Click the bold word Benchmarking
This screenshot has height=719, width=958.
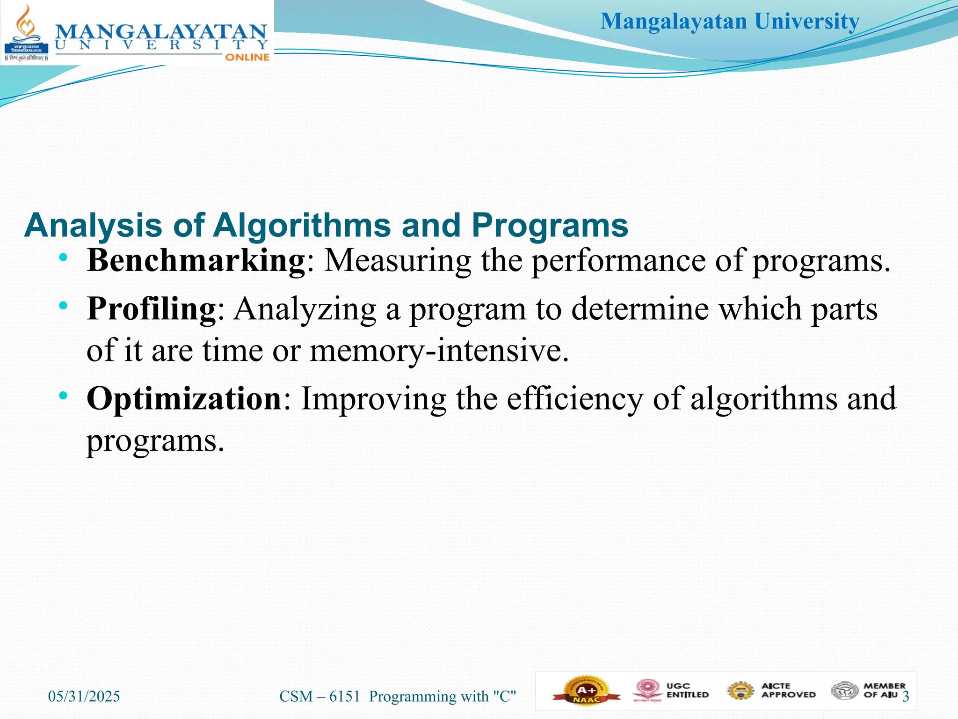[x=196, y=260]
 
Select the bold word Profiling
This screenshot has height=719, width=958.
[x=151, y=309]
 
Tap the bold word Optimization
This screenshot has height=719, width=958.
[x=184, y=399]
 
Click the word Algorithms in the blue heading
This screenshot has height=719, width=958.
[x=301, y=226]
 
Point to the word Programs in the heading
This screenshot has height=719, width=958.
[x=550, y=226]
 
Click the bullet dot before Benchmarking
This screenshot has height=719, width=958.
[x=64, y=257]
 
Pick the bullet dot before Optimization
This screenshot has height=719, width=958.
[x=64, y=396]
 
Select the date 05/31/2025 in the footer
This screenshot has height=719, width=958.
[x=84, y=697]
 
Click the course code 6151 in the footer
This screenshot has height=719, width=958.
[x=345, y=697]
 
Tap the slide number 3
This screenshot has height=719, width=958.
[x=906, y=697]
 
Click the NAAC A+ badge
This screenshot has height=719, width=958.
[x=587, y=691]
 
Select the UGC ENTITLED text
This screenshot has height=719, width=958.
[x=687, y=690]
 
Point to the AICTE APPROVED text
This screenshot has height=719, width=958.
[x=788, y=690]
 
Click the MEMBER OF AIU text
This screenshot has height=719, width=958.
[x=884, y=690]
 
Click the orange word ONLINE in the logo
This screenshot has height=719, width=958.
[x=247, y=57]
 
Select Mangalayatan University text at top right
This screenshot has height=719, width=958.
[x=730, y=22]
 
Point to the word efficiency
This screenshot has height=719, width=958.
[x=575, y=399]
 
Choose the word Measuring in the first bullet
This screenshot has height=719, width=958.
[x=398, y=260]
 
